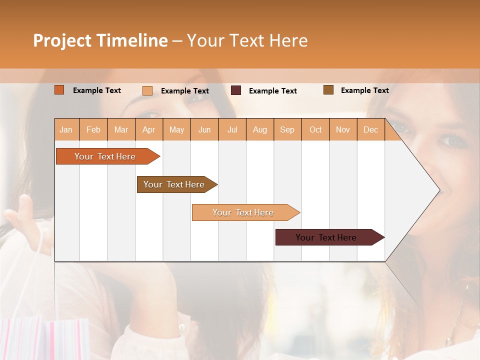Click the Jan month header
[66, 129]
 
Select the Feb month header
[93, 129]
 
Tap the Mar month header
[121, 129]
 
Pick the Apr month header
[149, 129]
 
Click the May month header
[176, 129]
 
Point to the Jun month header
[204, 129]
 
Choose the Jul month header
[232, 129]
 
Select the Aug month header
[260, 129]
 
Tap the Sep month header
[287, 129]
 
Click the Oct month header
[315, 129]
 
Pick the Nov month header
[343, 129]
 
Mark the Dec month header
[371, 129]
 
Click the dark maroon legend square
[236, 90]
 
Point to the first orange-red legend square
[59, 90]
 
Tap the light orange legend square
[147, 90]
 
